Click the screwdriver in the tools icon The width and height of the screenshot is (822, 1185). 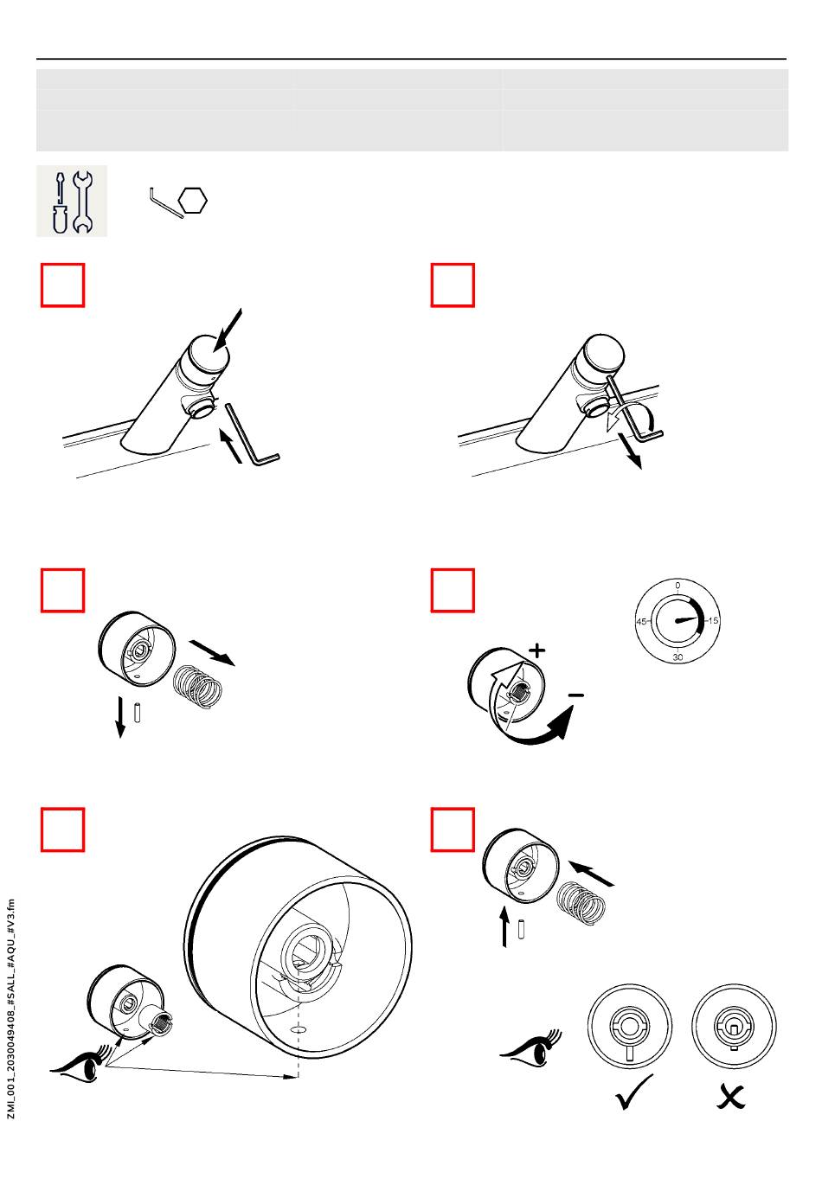coord(60,202)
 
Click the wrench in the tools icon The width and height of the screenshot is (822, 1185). coord(82,202)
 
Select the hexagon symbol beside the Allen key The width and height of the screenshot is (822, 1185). coord(193,201)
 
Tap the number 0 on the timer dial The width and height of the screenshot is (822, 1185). coord(678,586)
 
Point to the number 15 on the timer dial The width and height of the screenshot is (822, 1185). coord(713,620)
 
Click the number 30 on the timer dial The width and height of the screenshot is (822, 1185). coord(678,657)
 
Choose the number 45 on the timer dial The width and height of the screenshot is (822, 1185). coord(641,621)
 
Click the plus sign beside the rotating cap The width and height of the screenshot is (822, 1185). coord(537,650)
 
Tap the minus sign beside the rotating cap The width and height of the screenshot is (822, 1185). coord(576,695)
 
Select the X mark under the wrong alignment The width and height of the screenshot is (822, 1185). coord(730,1097)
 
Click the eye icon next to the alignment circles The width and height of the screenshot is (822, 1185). coord(531,1049)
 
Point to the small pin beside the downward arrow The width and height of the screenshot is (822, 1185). coord(137,712)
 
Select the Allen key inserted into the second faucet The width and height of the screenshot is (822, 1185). coord(633,409)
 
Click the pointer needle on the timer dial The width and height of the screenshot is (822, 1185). coord(687,619)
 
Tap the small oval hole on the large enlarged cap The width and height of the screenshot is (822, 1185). coord(299,1030)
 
